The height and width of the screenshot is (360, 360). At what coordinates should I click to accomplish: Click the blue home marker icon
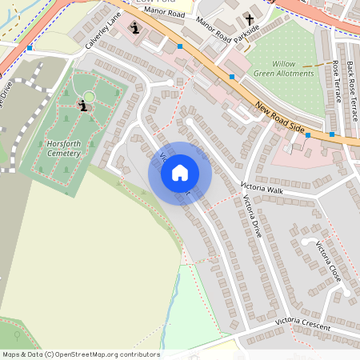click(x=180, y=173)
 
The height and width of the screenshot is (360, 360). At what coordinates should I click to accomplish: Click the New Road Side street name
click(x=282, y=118)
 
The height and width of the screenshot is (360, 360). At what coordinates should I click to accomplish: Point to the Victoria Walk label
click(x=262, y=189)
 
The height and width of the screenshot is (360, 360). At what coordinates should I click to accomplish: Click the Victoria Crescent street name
click(x=303, y=323)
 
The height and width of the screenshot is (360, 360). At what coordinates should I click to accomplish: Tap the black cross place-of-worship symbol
click(x=249, y=19)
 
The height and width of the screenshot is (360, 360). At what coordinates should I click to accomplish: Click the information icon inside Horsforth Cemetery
click(x=83, y=106)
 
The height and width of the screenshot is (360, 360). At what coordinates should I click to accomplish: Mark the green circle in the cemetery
click(x=89, y=97)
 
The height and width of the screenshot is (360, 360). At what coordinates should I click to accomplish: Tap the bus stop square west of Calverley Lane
click(x=30, y=48)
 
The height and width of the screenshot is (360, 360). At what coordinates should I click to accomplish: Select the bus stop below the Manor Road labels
click(x=180, y=47)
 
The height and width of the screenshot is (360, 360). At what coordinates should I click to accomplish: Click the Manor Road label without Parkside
click(x=166, y=14)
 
